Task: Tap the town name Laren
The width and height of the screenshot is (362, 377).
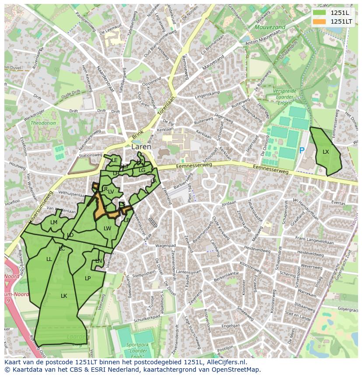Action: coord(141,147)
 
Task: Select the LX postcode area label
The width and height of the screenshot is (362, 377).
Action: coord(326,152)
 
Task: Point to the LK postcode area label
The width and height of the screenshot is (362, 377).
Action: coord(64,296)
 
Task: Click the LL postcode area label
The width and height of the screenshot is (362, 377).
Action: coord(49,259)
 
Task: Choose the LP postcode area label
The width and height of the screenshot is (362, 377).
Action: coord(87,278)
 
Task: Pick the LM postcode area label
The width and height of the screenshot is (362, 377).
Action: coord(54,222)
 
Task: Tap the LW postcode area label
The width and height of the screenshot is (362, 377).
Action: coord(107,229)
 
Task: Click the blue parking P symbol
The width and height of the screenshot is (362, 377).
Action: coord(302,151)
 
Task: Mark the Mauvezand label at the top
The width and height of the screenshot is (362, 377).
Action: coord(270,27)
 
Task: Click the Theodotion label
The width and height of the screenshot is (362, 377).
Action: coord(43,123)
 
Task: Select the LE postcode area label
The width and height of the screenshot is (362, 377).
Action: coord(114,160)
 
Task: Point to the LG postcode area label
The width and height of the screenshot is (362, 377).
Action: coord(142,170)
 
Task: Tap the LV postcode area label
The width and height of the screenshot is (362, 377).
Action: coord(111,192)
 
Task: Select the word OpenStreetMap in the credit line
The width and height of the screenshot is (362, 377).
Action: coord(236,370)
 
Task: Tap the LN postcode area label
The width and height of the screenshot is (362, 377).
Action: coord(98,261)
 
